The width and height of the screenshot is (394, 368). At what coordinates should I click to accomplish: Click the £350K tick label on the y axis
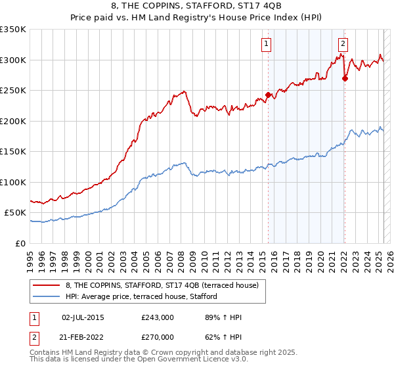[x=12, y=30]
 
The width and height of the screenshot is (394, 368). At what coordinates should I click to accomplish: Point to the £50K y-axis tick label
[x=15, y=213]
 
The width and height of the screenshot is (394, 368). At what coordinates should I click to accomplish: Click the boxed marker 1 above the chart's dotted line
[x=267, y=44]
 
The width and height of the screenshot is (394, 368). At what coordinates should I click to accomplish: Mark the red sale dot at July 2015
[x=269, y=95]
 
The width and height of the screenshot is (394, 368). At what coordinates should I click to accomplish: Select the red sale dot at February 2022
[x=345, y=78]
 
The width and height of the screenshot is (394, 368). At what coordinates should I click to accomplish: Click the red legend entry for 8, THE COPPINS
[x=164, y=285]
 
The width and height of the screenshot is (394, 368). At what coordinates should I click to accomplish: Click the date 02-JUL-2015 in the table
[x=82, y=317]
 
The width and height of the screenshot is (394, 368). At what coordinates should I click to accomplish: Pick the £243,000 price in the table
[x=158, y=317]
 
